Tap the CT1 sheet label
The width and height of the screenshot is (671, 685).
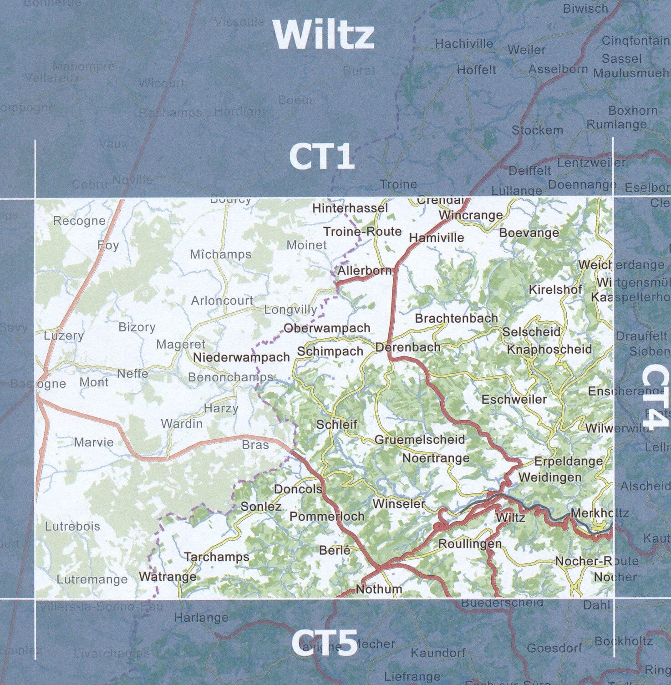(x=322, y=157)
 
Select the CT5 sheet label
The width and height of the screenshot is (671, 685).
(x=323, y=641)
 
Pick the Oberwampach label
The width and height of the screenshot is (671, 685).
(x=326, y=328)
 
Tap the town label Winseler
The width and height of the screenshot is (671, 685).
(x=399, y=504)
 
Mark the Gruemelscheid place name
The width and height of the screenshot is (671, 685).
(x=419, y=440)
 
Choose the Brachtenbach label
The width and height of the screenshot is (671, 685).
(x=456, y=318)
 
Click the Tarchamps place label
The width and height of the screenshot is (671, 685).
(x=217, y=557)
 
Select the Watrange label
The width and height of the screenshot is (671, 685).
(x=168, y=577)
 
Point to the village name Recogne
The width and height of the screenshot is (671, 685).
(x=79, y=221)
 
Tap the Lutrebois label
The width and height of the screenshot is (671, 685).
(x=72, y=527)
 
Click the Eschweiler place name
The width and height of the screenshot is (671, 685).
(x=514, y=400)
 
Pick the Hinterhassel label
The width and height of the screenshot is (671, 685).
(x=351, y=208)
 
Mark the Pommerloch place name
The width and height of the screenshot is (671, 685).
(x=327, y=516)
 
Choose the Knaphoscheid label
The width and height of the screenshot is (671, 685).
(x=549, y=350)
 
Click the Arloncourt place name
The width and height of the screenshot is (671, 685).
(x=222, y=301)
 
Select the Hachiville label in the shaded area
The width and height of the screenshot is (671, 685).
(x=464, y=44)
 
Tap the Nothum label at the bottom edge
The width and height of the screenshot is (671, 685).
(x=379, y=589)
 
